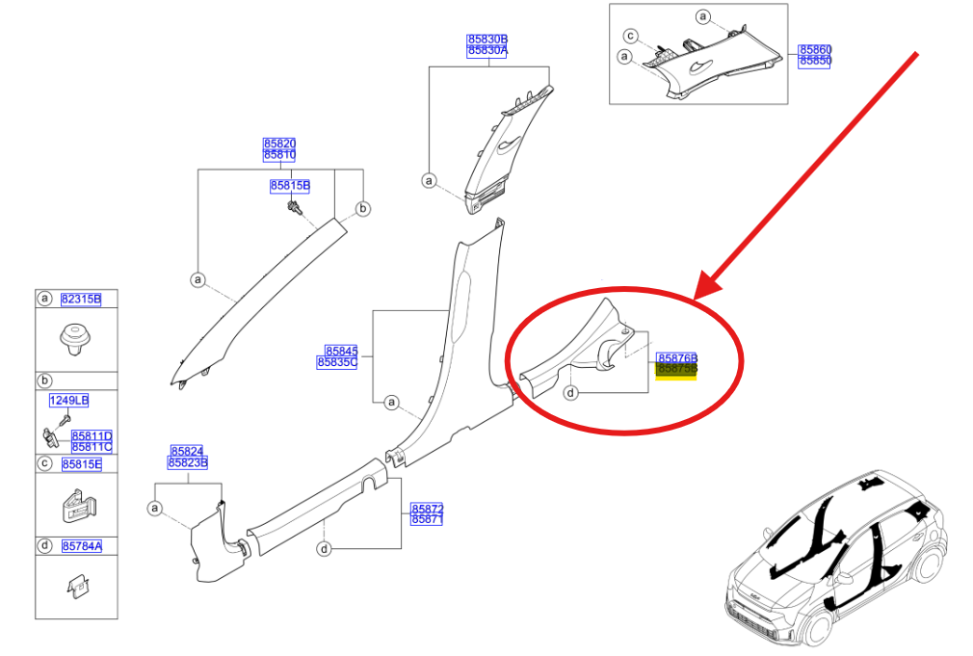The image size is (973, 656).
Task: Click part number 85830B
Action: coord(487,39)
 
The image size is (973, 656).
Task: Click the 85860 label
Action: coord(815,49)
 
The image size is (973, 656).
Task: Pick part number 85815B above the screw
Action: coord(290,185)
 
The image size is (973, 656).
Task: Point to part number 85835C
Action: coord(336,363)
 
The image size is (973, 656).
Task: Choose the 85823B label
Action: coord(187,462)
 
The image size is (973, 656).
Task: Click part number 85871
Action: coord(427,519)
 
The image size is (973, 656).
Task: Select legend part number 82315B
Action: coord(81,299)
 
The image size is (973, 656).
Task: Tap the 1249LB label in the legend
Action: coord(68,400)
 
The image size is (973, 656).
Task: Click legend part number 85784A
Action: coord(81,545)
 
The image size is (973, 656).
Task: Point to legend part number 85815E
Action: coord(81,463)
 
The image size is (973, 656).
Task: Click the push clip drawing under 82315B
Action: coord(74,340)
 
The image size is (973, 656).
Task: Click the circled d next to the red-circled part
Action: coord(571,393)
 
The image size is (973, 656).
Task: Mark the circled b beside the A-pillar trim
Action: coord(363,209)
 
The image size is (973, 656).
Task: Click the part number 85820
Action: coord(279,144)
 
